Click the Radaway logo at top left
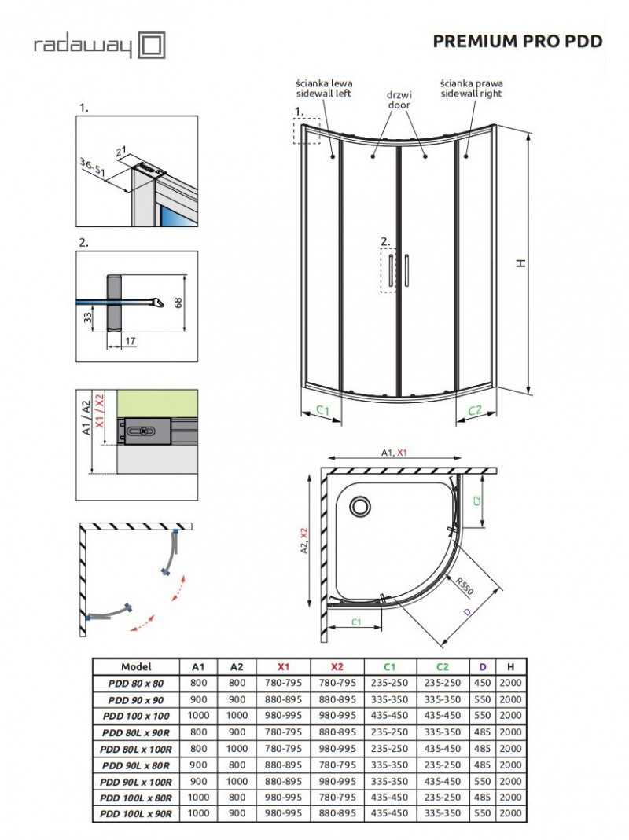(x=99, y=45)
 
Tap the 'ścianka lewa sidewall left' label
(x=323, y=88)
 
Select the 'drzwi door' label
(x=399, y=98)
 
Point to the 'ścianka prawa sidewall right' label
(x=471, y=88)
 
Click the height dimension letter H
(x=520, y=264)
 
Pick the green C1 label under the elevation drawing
(x=322, y=409)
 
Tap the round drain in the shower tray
(x=362, y=505)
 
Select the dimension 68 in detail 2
(x=176, y=302)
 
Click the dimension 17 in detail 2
(x=130, y=343)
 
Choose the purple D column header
(x=482, y=666)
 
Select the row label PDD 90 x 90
(x=136, y=699)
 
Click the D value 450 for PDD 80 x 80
(x=482, y=683)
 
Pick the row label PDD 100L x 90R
(x=136, y=813)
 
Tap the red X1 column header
(x=288, y=666)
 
